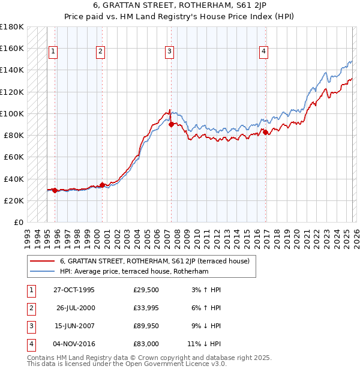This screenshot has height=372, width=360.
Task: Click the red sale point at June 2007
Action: tap(171, 125)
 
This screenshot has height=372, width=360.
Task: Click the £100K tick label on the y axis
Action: tap(12, 113)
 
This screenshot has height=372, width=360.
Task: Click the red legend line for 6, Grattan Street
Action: tap(43, 261)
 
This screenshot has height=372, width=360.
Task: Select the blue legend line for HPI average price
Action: tap(43, 271)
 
